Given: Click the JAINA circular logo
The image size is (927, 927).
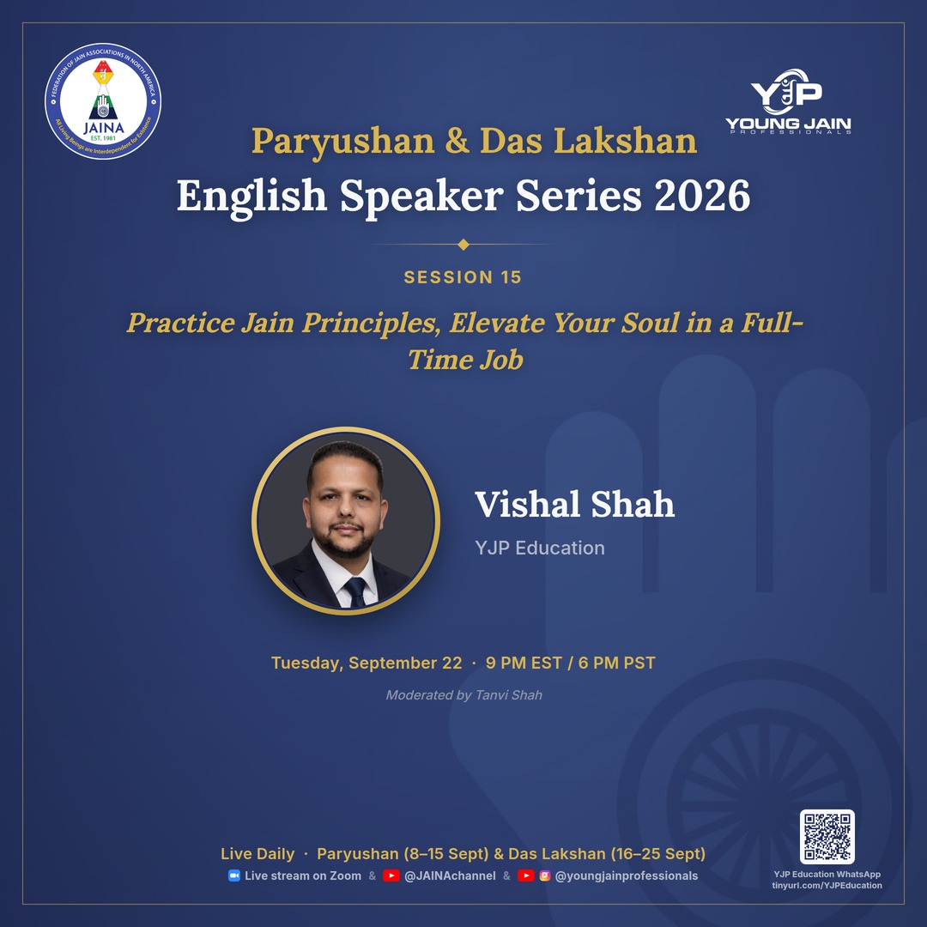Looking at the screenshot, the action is (103, 101).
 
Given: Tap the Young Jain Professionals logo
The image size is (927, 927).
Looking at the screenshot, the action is (788, 101).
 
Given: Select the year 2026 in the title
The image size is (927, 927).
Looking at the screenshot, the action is (702, 196).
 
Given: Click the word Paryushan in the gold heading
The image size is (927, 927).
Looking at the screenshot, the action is (342, 142).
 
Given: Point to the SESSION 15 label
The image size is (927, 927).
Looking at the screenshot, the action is (463, 277).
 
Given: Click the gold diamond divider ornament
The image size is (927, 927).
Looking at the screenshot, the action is (463, 244).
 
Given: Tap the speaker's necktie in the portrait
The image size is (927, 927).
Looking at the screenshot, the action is (355, 591).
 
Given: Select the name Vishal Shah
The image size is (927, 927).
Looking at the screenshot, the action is (574, 505).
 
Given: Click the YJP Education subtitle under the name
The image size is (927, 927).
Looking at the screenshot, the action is (540, 548).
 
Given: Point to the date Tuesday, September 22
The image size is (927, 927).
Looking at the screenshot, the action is (367, 663).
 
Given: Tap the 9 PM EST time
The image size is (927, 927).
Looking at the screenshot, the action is (524, 663).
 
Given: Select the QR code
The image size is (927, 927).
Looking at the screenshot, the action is (827, 837).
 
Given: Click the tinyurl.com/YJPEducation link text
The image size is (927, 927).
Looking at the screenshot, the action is (827, 886).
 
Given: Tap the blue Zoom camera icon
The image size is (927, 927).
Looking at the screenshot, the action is (234, 875).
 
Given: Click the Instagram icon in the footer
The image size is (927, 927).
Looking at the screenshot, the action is (545, 875).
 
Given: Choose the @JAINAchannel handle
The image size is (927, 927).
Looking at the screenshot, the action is (450, 876).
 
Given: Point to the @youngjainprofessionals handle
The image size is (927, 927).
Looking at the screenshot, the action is (626, 876).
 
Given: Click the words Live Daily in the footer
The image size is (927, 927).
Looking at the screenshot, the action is (257, 854).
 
